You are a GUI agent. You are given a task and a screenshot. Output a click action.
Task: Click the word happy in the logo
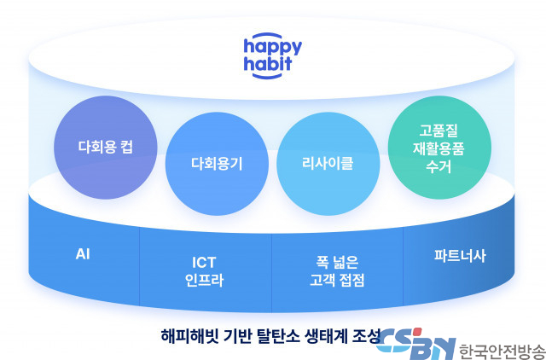pyautogui.click(x=273, y=48)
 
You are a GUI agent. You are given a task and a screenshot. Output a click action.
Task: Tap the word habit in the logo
pyautogui.click(x=268, y=64)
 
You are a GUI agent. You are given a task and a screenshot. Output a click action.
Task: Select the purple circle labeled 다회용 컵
pyautogui.click(x=106, y=148)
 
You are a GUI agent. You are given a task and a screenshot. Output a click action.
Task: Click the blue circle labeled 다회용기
pyautogui.click(x=217, y=164)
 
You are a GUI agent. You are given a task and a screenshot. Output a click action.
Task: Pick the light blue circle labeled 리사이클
pyautogui.click(x=328, y=164)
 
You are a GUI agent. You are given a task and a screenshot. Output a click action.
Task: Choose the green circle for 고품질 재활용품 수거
pyautogui.click(x=439, y=148)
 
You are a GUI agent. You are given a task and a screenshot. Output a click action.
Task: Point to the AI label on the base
pyautogui.click(x=83, y=254)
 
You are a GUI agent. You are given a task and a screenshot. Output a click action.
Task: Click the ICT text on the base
pyautogui.click(x=204, y=263)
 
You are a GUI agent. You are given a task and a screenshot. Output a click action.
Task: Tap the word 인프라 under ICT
pyautogui.click(x=204, y=281)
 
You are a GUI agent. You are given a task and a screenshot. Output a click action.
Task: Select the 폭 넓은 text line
pyautogui.click(x=337, y=263)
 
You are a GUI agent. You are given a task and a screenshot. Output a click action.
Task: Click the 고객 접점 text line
pyautogui.click(x=337, y=281)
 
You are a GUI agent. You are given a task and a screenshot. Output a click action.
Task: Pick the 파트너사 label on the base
pyautogui.click(x=460, y=256)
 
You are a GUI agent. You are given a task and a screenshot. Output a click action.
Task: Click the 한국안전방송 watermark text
pyautogui.click(x=502, y=351)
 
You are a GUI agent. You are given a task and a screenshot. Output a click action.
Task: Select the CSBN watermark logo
pyautogui.click(x=416, y=344)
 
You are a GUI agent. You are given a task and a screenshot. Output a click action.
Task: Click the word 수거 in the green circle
pyautogui.click(x=439, y=166)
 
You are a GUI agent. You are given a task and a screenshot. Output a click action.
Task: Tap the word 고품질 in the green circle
pyautogui.click(x=439, y=131)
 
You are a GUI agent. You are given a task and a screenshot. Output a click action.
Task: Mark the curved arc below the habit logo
pyautogui.click(x=267, y=76)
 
